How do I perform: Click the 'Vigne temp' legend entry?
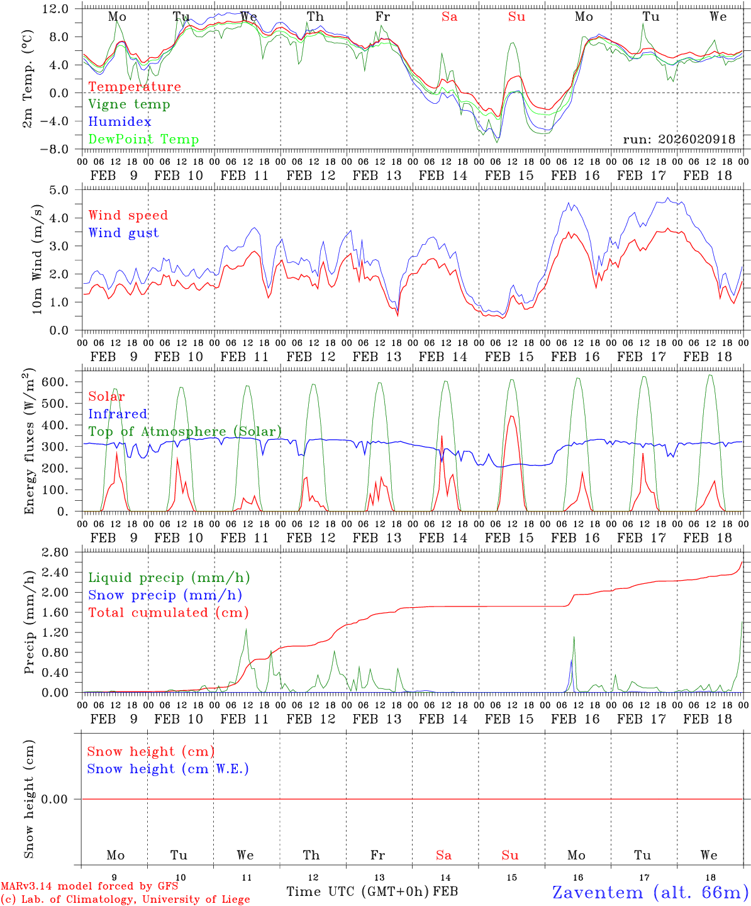tap(129, 104)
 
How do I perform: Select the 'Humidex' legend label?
tap(120, 122)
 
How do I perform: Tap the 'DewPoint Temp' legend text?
tap(143, 140)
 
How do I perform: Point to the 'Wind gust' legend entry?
tap(123, 233)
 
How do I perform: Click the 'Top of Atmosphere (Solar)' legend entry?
tap(185, 432)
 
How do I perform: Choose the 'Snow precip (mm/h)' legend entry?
tap(165, 595)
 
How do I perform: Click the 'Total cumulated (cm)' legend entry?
tap(169, 613)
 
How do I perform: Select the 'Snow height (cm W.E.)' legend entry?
tap(168, 769)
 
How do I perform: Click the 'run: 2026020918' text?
tap(679, 139)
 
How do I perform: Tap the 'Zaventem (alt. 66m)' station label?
tap(650, 892)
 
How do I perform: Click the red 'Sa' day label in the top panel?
tap(449, 17)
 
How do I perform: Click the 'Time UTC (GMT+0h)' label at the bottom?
tap(358, 892)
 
